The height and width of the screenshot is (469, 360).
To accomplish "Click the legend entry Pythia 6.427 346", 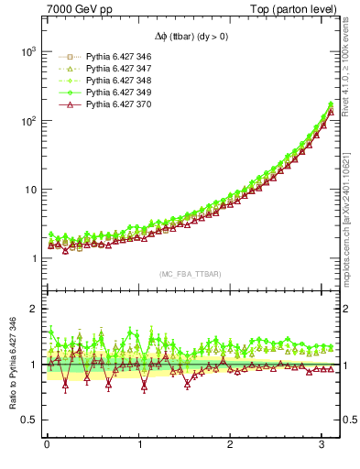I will (115, 57).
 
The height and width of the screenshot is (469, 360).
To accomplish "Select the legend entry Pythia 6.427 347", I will (115, 69).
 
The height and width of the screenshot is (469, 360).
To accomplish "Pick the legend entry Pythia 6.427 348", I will (115, 81).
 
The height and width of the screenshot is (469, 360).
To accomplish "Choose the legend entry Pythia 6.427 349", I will (115, 93).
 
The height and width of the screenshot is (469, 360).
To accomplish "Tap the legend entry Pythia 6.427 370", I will (115, 104).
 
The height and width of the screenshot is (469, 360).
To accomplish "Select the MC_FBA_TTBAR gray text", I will (189, 274).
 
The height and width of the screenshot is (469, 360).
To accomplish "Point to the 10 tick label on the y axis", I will (27, 190).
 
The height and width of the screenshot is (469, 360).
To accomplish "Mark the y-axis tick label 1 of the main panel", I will (32, 259).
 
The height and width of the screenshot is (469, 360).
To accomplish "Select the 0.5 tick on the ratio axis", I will (28, 420).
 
